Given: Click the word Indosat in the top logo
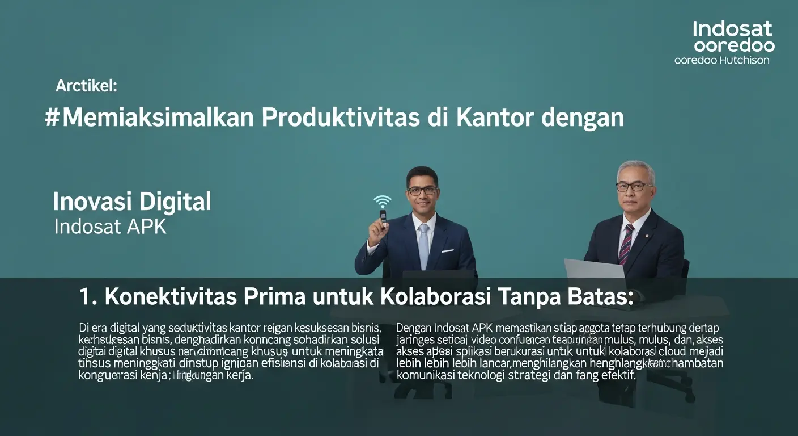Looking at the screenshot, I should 732,29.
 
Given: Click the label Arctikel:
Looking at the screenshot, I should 86,86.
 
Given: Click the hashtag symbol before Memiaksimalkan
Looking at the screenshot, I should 52,118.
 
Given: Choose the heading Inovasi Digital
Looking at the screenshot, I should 131,202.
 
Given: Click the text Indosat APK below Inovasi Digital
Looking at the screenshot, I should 111,227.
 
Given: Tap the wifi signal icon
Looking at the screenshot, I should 383,202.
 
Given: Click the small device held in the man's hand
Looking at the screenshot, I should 383,217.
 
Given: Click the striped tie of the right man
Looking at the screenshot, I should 626,244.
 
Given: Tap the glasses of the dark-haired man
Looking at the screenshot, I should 422,191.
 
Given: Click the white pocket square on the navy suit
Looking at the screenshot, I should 448,250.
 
